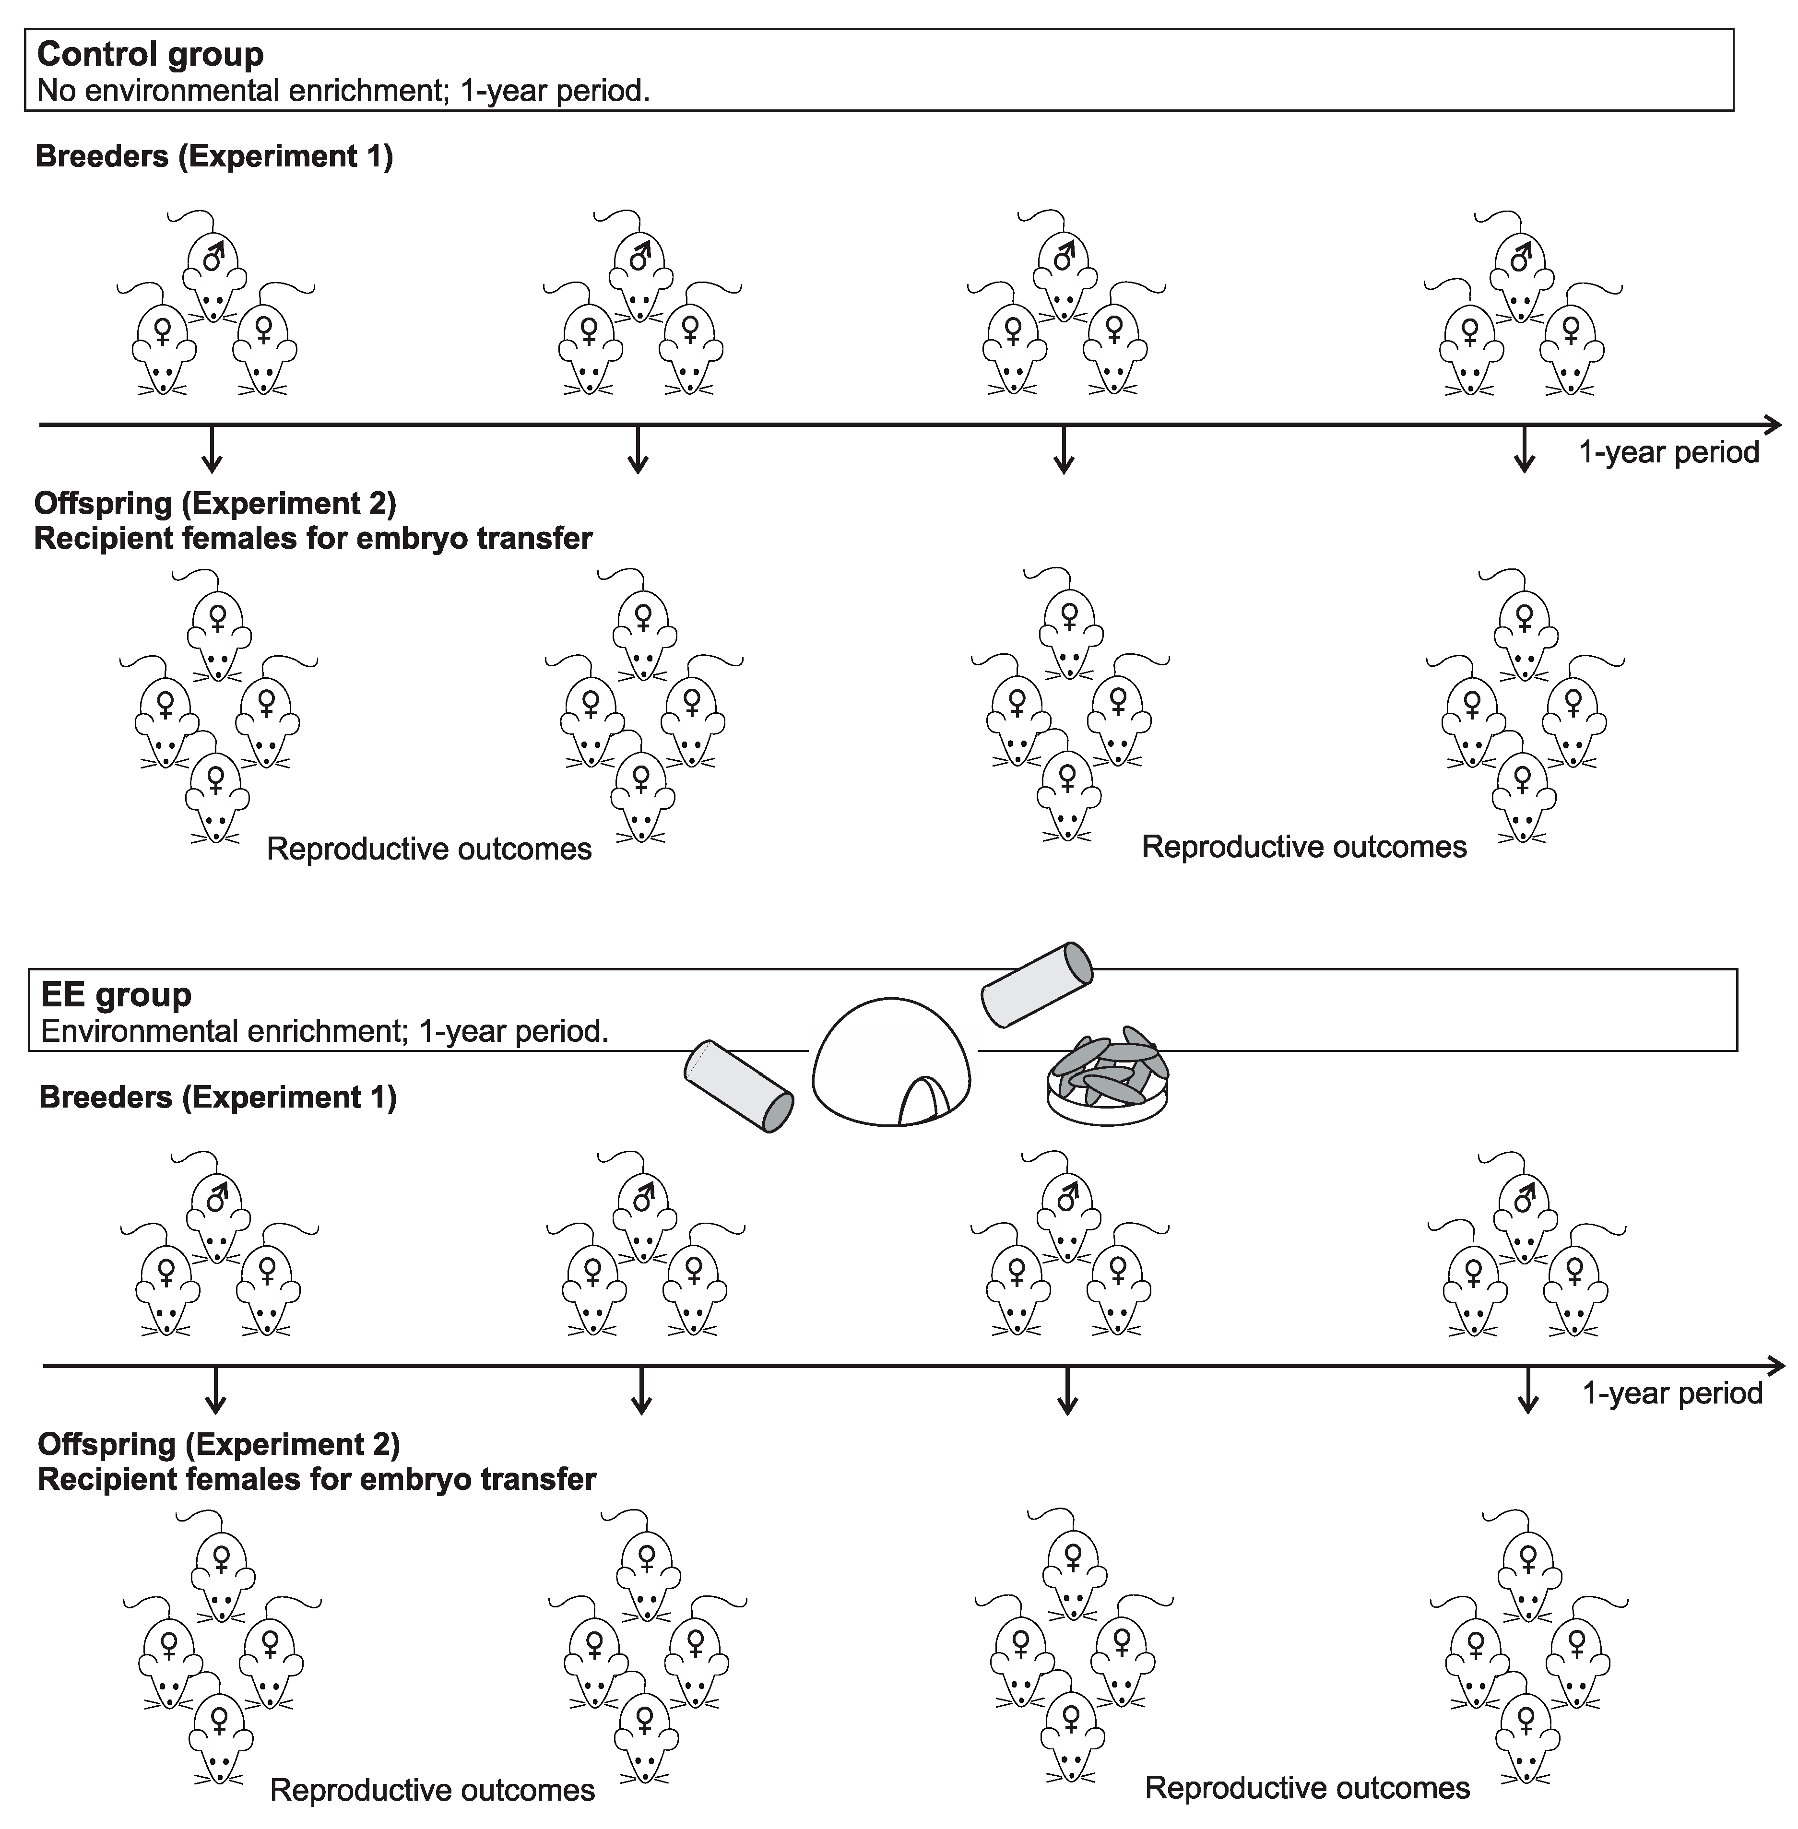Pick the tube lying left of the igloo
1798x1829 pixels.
(x=737, y=1086)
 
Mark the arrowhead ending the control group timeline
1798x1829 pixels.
(x=1773, y=425)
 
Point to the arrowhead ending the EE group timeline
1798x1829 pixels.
(x=1775, y=1366)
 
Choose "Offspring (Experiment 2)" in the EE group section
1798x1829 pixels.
(x=218, y=1444)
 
